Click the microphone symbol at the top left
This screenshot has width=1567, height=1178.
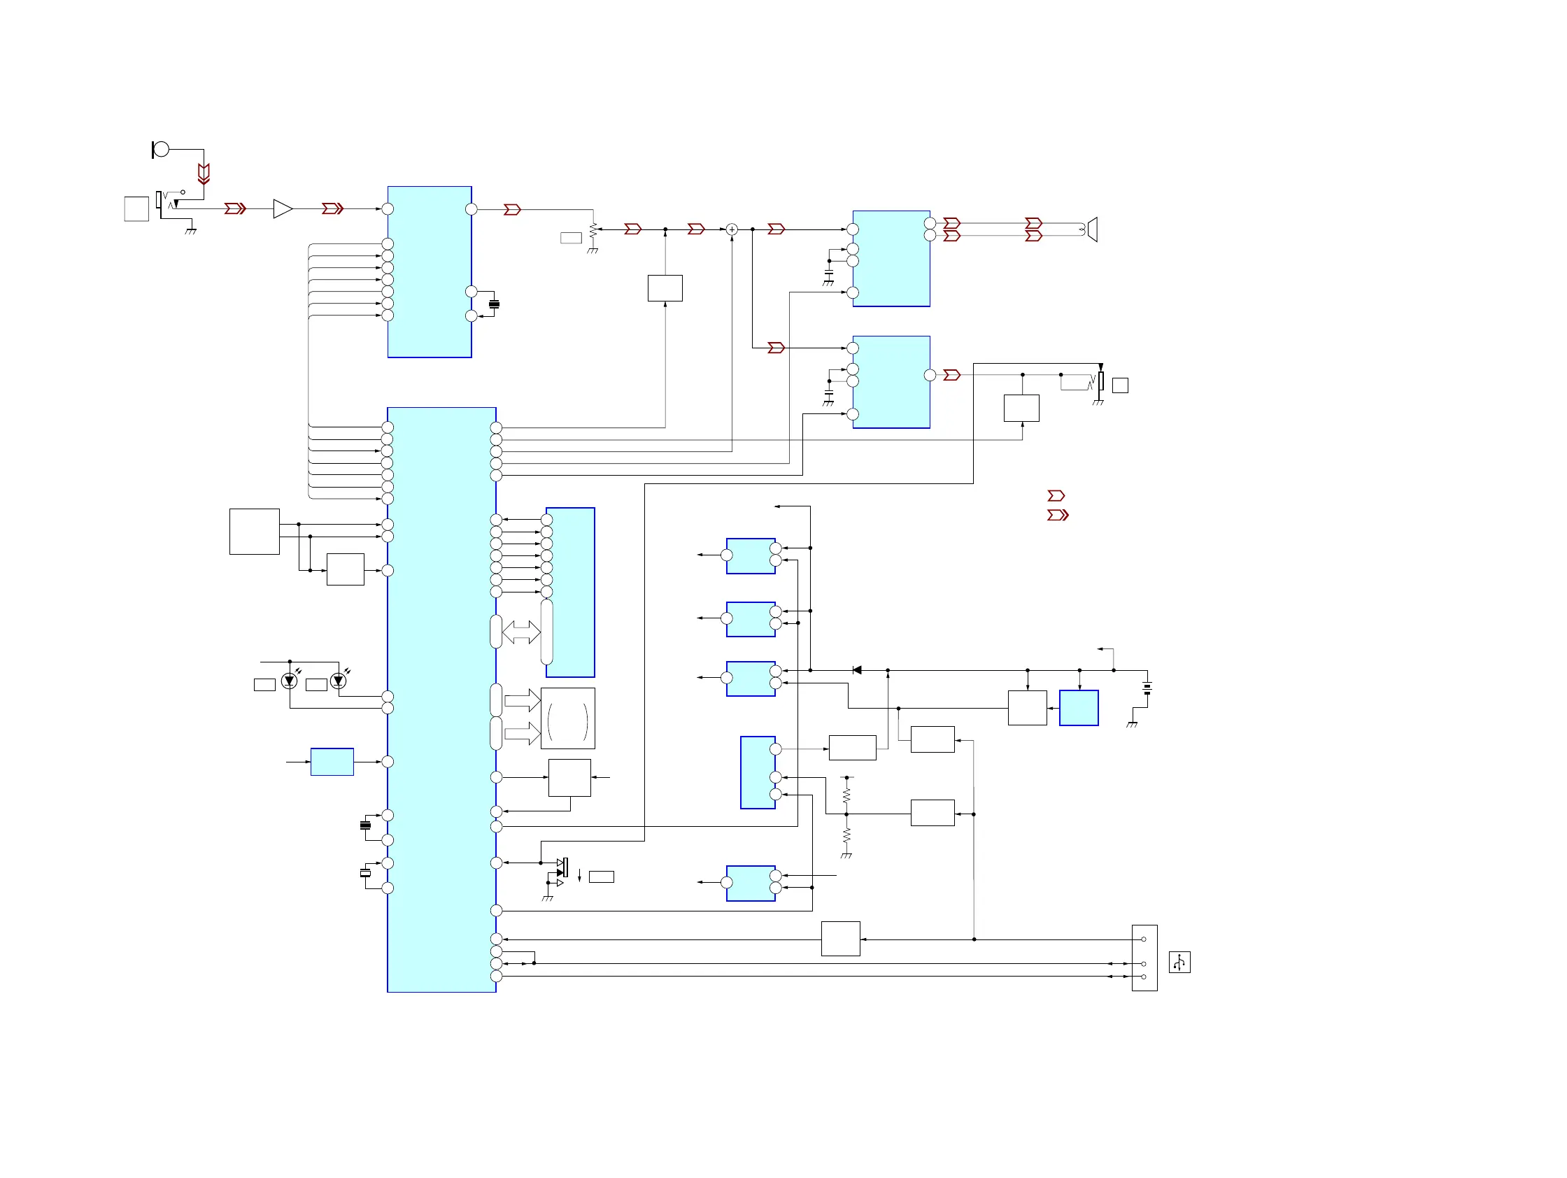tap(161, 150)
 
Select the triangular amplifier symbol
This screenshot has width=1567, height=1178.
tap(283, 209)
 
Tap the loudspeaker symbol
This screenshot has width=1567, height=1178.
tap(1092, 229)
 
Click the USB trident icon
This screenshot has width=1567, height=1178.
tap(1179, 962)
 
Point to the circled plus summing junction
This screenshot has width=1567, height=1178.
tap(732, 229)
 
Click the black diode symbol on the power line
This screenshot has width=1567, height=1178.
tap(856, 670)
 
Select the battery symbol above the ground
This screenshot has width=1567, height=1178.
tap(1147, 687)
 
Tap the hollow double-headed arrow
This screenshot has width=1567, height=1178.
tap(521, 632)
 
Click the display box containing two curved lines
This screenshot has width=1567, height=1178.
tap(567, 718)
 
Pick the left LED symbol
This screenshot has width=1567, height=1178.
tap(289, 681)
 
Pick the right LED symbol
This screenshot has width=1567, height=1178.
tap(339, 681)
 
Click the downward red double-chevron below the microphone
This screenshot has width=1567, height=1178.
tap(204, 173)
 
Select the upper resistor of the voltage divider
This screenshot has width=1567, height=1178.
tap(846, 795)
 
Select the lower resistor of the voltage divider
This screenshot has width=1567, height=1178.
tap(846, 837)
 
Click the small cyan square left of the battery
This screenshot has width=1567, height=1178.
tap(1078, 708)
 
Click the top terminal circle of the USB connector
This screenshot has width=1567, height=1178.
tap(1143, 939)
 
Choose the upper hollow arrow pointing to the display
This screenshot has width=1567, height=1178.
tap(522, 700)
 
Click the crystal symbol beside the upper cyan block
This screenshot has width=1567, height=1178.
tap(495, 304)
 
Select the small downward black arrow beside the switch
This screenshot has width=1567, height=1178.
tap(579, 875)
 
